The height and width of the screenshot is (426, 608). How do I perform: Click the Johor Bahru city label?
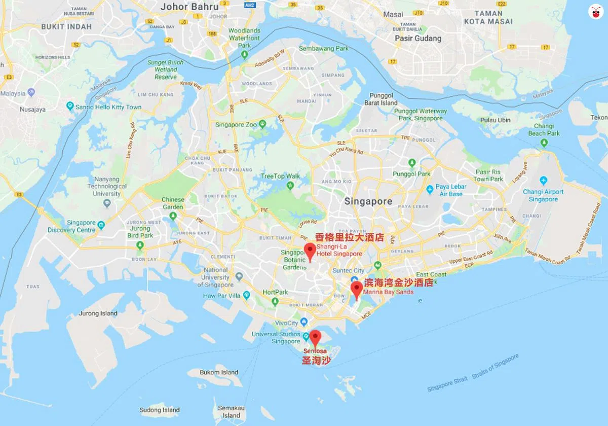pos(189,7)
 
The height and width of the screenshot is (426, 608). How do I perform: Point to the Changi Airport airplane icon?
pos(544,180)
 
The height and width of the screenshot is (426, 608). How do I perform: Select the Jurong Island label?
pos(98,313)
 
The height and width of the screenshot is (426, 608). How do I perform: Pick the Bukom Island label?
pos(219,372)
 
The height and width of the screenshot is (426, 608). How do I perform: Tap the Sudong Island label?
pos(160,410)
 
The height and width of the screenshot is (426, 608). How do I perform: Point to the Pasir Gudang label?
pos(418,38)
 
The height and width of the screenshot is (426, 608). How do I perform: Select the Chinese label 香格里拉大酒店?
pos(349,237)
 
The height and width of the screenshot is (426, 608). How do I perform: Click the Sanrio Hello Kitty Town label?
pos(108,107)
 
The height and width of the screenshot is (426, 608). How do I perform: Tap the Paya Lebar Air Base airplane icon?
pos(430,189)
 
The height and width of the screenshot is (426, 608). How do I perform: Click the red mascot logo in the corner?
pos(594,11)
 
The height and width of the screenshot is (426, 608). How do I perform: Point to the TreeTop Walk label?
pos(280,176)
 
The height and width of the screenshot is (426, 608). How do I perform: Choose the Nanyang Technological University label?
pos(107,186)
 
